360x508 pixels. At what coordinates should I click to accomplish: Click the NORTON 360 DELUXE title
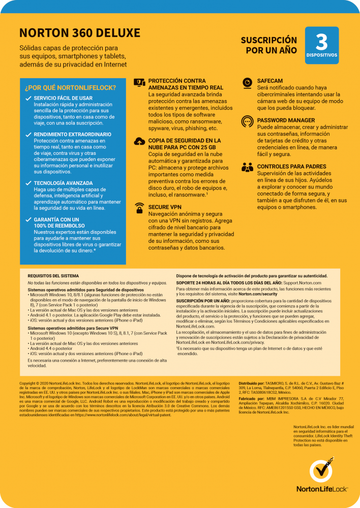(80, 34)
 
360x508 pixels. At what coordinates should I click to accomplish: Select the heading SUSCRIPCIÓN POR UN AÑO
(268, 45)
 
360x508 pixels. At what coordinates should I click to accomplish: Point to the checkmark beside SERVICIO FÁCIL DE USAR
(28, 98)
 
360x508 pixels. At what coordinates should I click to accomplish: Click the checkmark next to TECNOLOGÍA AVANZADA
(28, 183)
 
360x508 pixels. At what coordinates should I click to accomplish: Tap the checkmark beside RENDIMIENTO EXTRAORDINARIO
(28, 135)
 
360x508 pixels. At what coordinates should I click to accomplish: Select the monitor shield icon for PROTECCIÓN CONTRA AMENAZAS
(138, 82)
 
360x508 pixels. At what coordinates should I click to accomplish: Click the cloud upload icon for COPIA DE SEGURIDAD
(138, 142)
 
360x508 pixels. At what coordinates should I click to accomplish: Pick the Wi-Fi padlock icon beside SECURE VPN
(138, 207)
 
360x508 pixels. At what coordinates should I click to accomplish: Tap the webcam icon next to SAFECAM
(247, 82)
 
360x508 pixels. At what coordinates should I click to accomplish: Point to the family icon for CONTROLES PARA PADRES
(247, 167)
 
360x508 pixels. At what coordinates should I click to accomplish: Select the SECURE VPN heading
(165, 207)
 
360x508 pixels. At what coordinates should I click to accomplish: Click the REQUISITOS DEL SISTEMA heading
(50, 275)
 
